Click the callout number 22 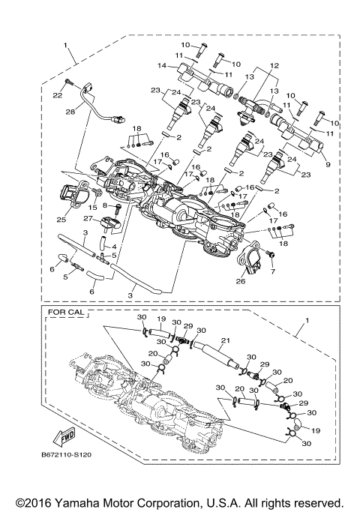[56, 95]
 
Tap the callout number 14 [163, 66]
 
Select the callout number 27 [87, 218]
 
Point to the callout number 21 [224, 341]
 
